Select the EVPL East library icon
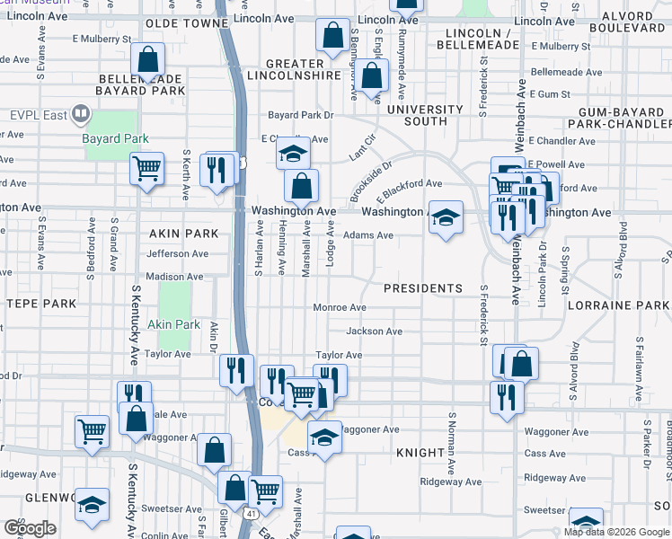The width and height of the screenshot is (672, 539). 81,114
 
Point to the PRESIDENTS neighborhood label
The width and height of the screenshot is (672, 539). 422,288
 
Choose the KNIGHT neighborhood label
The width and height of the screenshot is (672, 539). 420,455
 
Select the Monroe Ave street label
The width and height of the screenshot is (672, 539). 339,307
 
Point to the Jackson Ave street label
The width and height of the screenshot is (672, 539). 374,331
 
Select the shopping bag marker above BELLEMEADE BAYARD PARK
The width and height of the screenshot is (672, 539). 148,60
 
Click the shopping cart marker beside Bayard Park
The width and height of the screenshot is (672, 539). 146,168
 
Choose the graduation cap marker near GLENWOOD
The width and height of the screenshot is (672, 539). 91,505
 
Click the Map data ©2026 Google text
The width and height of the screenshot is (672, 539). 616,532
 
